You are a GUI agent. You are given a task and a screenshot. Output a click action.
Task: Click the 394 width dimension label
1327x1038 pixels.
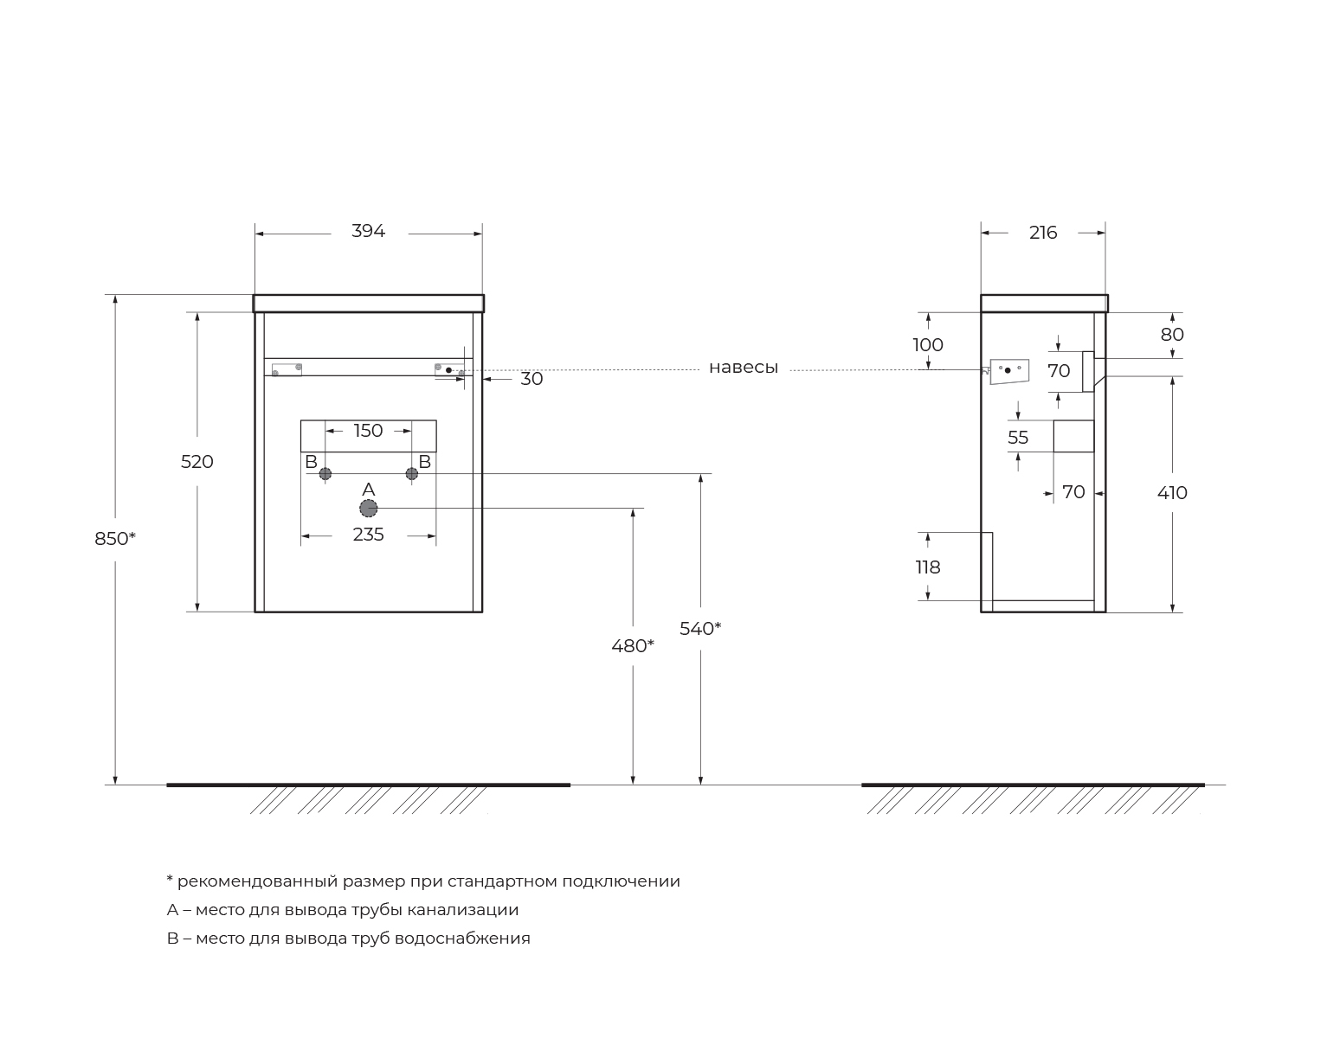[x=368, y=232]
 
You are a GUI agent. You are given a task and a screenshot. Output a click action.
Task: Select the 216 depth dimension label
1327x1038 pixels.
[x=1043, y=233]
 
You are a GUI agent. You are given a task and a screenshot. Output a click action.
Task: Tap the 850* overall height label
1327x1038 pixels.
[x=115, y=539]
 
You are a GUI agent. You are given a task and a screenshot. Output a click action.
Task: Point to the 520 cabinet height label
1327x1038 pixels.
[x=197, y=462]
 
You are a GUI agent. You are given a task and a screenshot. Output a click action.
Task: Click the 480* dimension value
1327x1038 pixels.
[x=633, y=646]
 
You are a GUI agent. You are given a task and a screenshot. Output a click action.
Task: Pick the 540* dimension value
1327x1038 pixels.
[x=700, y=629]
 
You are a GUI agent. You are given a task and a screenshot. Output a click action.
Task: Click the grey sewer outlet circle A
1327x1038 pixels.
[x=369, y=509]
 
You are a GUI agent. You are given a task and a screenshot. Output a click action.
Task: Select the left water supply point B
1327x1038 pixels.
[x=325, y=473]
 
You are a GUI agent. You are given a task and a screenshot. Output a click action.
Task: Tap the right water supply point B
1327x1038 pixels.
[x=412, y=473]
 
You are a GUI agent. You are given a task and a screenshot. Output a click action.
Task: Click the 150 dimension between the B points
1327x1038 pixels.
[x=368, y=431]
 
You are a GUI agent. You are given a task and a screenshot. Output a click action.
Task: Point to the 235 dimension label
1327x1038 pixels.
[x=368, y=535]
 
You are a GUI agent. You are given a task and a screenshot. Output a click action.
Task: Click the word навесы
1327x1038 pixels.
[x=744, y=368]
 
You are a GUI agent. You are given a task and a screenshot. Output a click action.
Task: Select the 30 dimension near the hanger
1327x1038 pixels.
[x=531, y=379]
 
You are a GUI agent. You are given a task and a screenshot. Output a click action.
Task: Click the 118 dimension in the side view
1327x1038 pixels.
[x=928, y=567]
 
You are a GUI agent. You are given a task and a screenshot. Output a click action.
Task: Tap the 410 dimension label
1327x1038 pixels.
[x=1172, y=493]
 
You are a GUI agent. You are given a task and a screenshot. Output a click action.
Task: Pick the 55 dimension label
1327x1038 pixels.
[x=1018, y=439]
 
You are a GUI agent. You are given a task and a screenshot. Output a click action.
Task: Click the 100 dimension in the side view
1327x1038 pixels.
[x=928, y=345]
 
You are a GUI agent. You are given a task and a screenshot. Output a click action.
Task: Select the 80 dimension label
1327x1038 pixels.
[x=1172, y=335]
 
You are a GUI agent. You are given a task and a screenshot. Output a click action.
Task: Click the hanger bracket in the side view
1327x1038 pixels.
[x=1008, y=371]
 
